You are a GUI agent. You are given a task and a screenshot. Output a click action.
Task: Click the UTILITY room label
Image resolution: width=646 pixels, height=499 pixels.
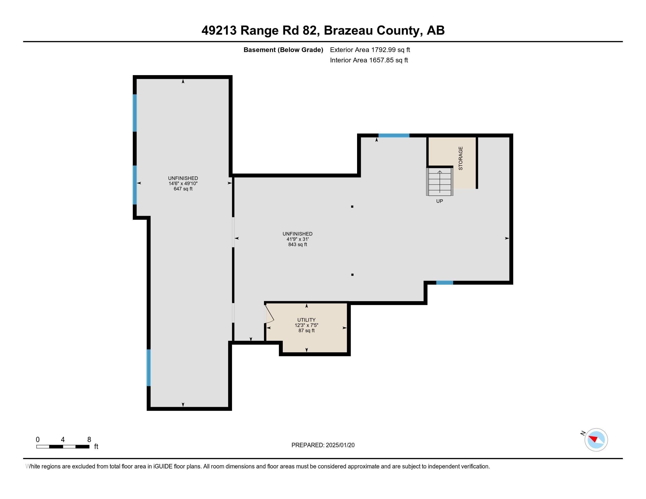click(x=306, y=320)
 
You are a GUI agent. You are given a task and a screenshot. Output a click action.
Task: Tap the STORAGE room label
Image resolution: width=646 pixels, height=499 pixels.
click(x=460, y=158)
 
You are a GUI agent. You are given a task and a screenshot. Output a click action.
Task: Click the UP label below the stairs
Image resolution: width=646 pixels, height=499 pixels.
click(x=440, y=201)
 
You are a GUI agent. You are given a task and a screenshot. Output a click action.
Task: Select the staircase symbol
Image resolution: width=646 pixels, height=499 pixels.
click(x=440, y=181)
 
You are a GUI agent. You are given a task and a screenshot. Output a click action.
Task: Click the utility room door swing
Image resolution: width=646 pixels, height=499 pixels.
click(x=269, y=314)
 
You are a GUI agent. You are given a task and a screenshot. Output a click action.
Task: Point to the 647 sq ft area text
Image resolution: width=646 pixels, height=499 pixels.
click(x=183, y=189)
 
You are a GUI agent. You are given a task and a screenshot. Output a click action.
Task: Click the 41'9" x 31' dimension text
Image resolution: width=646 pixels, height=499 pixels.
click(x=297, y=239)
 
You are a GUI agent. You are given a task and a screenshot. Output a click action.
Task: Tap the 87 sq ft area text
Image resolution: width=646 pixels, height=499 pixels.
click(x=306, y=331)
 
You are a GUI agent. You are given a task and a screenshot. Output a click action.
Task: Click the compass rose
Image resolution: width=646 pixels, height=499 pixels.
click(x=596, y=440)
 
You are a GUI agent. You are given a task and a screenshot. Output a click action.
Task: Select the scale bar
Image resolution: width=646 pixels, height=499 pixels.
click(x=63, y=447)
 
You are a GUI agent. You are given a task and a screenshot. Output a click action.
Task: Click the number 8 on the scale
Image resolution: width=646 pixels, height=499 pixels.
click(x=89, y=440)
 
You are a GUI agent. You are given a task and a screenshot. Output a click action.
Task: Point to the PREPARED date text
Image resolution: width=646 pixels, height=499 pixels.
click(x=323, y=445)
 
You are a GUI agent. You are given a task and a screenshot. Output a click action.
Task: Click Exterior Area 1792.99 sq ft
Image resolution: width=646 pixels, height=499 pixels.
click(x=370, y=50)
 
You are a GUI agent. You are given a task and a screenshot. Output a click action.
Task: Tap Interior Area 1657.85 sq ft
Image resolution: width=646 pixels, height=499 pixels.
click(x=369, y=60)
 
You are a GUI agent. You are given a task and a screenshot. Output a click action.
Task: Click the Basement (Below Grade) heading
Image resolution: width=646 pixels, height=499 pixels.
click(x=283, y=50)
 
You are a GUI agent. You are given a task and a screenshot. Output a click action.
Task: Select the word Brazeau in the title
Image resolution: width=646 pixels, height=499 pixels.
click(x=348, y=31)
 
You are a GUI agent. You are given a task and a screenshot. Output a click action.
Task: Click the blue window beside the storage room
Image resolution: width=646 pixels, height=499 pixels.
click(x=394, y=135)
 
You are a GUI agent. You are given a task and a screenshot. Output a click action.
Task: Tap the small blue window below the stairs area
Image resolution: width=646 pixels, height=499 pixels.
click(x=445, y=283)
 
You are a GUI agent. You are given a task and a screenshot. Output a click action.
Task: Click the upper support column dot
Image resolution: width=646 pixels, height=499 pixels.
click(x=352, y=207)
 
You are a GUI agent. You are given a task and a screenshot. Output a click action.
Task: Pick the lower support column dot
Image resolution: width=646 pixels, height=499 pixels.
click(x=352, y=275)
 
